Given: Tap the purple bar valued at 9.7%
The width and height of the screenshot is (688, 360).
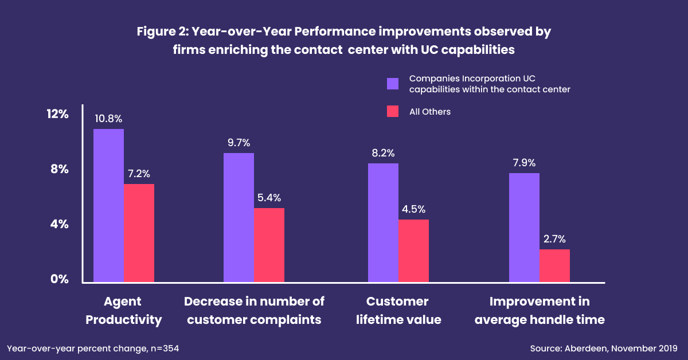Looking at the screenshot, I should (x=239, y=217).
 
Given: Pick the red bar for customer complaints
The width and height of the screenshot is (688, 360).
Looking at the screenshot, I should (x=269, y=245).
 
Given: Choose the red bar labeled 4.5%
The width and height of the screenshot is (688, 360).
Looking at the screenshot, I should (x=413, y=251).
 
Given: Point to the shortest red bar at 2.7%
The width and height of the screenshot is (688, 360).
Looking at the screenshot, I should (x=554, y=265).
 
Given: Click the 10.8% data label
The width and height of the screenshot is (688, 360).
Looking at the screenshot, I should (x=109, y=119).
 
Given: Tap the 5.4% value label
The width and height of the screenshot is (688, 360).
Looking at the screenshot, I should (x=269, y=198).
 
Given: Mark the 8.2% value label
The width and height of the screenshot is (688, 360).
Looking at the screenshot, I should (x=383, y=153).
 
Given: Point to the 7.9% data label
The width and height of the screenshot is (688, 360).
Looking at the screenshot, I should (x=524, y=163).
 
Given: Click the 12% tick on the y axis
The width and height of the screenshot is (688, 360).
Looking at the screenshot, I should (x=57, y=114).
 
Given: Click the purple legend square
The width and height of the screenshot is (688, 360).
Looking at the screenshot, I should (x=393, y=84).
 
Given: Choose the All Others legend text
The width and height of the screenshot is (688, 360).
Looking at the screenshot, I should (x=430, y=112).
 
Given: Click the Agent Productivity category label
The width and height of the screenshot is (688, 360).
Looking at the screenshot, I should (x=124, y=310).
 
